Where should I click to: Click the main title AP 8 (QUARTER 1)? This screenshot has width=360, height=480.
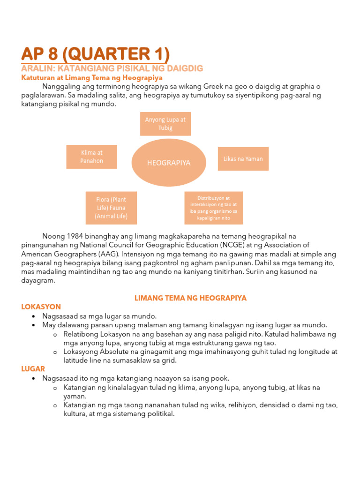click(x=95, y=53)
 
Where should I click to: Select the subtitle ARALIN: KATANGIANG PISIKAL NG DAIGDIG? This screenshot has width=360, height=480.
click(x=112, y=68)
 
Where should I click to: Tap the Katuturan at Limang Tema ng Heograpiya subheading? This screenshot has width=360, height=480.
click(x=92, y=77)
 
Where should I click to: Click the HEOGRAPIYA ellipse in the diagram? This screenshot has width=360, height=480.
click(x=169, y=163)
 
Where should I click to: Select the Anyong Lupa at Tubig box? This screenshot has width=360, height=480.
click(x=165, y=124)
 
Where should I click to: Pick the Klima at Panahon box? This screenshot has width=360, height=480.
click(x=92, y=157)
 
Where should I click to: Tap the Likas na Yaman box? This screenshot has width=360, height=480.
click(x=243, y=159)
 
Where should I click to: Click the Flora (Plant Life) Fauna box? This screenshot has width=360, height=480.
click(x=111, y=208)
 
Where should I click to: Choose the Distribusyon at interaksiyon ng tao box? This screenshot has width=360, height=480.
click(x=214, y=208)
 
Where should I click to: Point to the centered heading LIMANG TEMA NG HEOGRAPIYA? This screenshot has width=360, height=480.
click(x=190, y=298)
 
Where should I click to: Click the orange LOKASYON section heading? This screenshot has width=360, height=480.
click(x=41, y=307)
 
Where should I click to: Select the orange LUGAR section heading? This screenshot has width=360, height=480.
click(x=33, y=369)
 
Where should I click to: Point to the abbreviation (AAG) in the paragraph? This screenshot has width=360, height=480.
click(x=109, y=254)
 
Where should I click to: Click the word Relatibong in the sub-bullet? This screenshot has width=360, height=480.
click(x=80, y=334)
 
